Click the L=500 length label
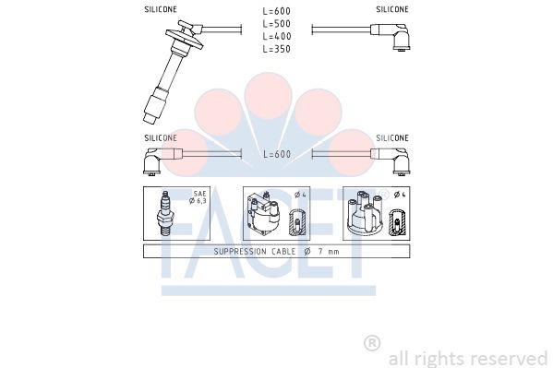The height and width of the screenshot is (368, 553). tap(277, 24)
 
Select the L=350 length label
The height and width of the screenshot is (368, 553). tap(277, 49)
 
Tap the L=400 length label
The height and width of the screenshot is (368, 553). tap(277, 36)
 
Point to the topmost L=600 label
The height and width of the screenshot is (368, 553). tap(277, 11)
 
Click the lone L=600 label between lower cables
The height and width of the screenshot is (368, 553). tap(277, 154)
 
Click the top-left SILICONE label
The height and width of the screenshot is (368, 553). tap(161, 9)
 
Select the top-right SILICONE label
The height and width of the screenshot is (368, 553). tap(392, 9)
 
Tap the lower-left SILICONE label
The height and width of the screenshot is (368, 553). tap(161, 137)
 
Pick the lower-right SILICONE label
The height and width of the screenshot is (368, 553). tap(392, 137)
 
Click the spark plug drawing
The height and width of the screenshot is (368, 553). tap(166, 213)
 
